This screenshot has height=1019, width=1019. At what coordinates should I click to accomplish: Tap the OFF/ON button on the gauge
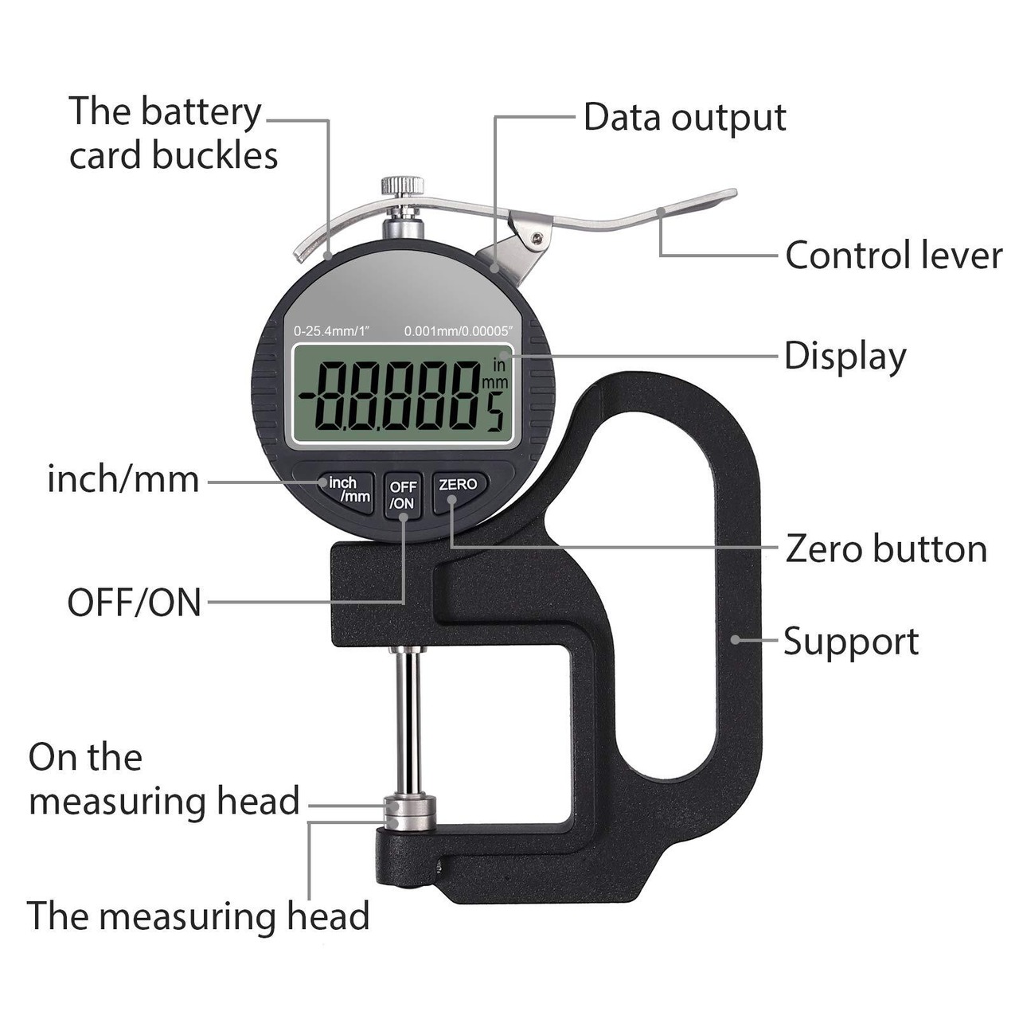click(x=403, y=495)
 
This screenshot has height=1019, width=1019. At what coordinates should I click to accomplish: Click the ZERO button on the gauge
click(x=459, y=486)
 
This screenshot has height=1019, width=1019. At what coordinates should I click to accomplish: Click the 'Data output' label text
click(x=685, y=118)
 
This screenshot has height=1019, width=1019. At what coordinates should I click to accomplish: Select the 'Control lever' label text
click(x=893, y=256)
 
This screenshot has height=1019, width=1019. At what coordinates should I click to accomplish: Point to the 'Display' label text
click(x=845, y=357)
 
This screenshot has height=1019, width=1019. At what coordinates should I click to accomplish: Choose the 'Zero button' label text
click(x=886, y=549)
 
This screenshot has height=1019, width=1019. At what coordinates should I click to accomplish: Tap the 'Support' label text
click(x=850, y=642)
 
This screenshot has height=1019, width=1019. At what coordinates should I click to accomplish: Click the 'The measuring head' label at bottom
click(x=198, y=916)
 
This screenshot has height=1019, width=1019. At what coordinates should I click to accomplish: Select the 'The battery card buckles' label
click(x=173, y=133)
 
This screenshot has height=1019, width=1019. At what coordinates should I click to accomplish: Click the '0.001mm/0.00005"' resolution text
click(x=459, y=330)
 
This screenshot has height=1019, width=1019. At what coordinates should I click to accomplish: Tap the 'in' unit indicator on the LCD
click(x=499, y=365)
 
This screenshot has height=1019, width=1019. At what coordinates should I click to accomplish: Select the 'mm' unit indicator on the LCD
click(x=495, y=383)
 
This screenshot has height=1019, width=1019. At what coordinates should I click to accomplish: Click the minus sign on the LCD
click(x=307, y=395)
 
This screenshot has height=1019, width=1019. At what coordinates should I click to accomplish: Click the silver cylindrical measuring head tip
click(x=409, y=813)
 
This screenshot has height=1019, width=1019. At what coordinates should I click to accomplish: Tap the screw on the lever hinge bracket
click(x=540, y=236)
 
